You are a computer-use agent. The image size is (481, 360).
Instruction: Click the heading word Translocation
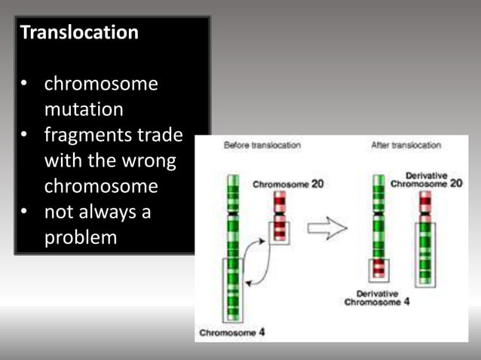click(79, 33)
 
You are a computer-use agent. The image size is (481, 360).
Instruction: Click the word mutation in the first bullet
click(84, 110)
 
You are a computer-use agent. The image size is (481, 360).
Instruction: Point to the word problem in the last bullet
click(81, 237)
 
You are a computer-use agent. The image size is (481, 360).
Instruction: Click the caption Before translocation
click(262, 145)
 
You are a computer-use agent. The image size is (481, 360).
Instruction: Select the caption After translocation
click(406, 145)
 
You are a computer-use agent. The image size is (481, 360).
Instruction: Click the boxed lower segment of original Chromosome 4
click(233, 290)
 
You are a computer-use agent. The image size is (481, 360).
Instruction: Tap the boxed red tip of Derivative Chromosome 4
click(378, 269)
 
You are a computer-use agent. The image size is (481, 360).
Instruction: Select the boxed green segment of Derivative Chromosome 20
click(425, 253)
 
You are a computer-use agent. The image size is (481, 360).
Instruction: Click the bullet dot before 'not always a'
click(26, 213)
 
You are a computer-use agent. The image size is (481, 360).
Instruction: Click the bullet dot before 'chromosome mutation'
click(26, 84)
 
